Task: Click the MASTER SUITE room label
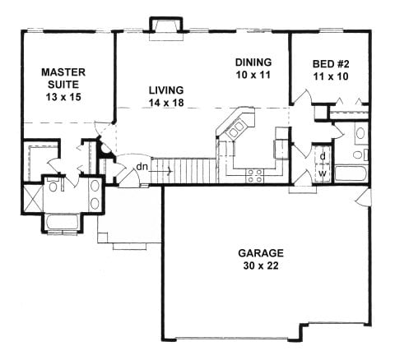tap(63, 78)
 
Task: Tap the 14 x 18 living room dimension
tap(166, 103)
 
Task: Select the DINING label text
tap(253, 62)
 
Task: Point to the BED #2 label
tap(331, 64)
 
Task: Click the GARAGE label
tap(261, 253)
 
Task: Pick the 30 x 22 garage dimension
tap(261, 265)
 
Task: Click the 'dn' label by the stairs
tap(142, 166)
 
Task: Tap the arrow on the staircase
tap(167, 171)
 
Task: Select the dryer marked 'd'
tap(323, 156)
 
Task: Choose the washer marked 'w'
tap(323, 173)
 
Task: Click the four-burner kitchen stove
tap(255, 176)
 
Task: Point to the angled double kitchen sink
tap(237, 130)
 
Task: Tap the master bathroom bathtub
tap(62, 222)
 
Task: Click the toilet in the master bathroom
tap(53, 186)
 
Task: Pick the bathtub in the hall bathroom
tap(351, 173)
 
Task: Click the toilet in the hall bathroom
tap(360, 155)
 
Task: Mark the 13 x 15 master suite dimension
tap(63, 97)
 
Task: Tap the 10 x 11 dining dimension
tap(253, 75)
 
